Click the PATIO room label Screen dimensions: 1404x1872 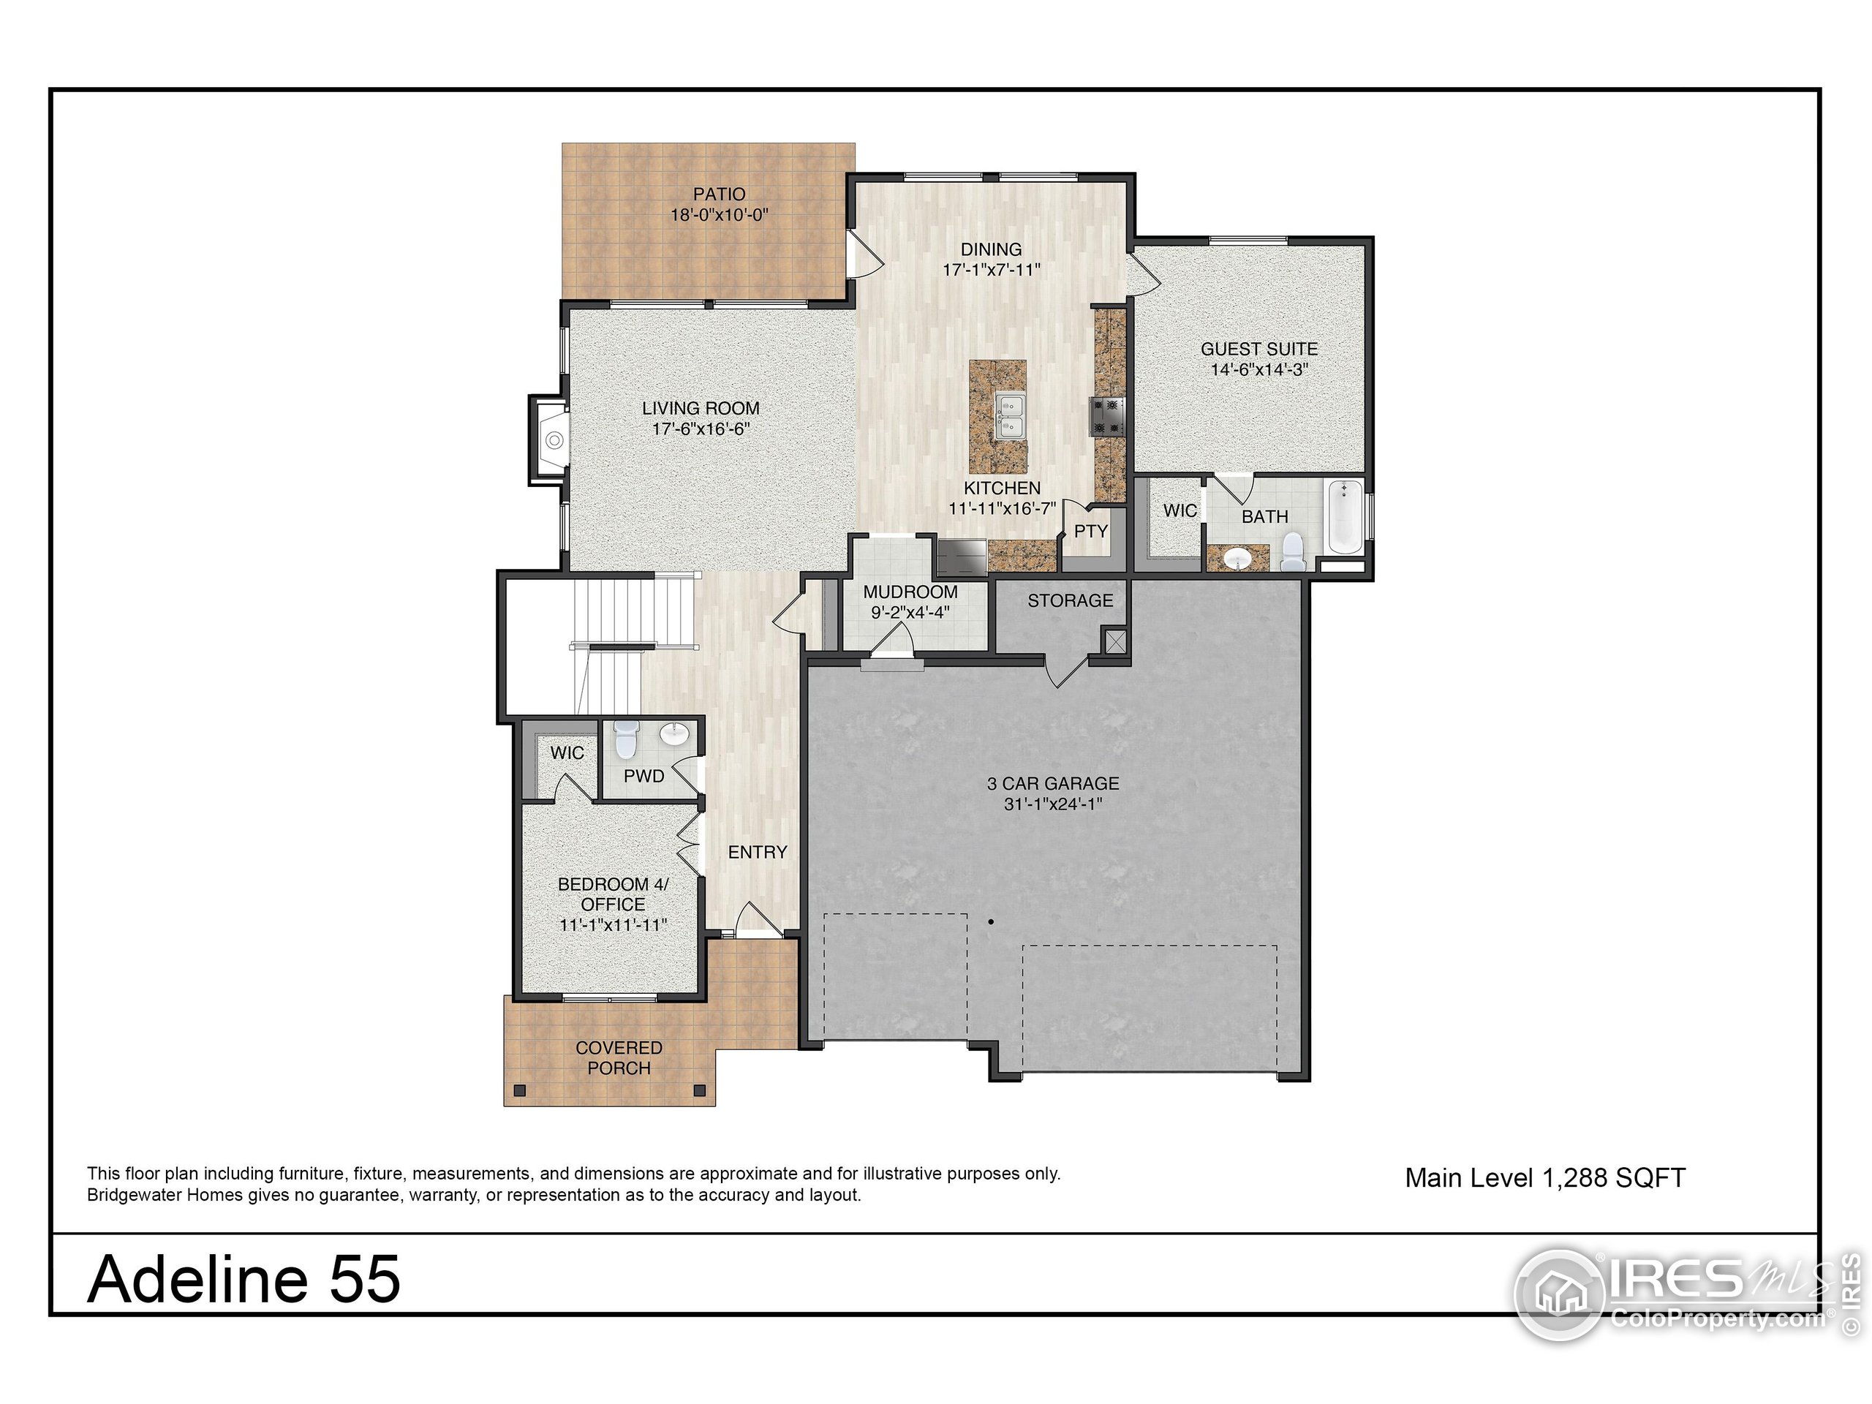(x=719, y=194)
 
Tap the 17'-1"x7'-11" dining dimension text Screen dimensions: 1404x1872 (x=991, y=270)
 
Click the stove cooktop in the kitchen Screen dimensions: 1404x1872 (x=1107, y=415)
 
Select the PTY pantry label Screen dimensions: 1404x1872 (x=1090, y=531)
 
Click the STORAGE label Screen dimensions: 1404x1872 (x=1070, y=600)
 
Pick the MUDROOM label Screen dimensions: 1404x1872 (x=910, y=592)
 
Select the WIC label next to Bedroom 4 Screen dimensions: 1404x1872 (x=566, y=752)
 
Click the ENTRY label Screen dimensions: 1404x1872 (x=758, y=852)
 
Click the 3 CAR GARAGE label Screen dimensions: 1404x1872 (x=1053, y=784)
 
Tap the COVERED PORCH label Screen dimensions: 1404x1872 (x=619, y=1058)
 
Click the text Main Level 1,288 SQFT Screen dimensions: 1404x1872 (x=1544, y=1177)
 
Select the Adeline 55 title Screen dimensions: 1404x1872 (x=244, y=1279)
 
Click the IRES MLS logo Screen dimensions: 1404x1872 (x=1672, y=1294)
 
